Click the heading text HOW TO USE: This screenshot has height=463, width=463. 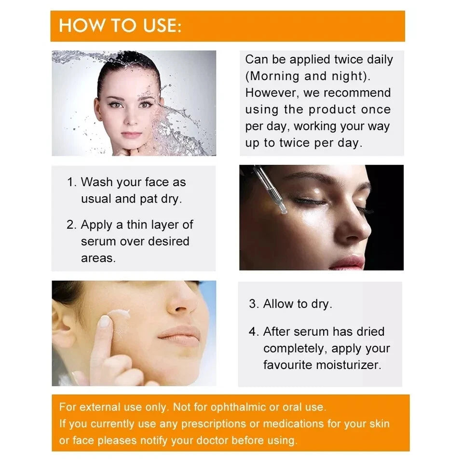pyautogui.click(x=120, y=26)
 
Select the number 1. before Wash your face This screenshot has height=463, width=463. pyautogui.click(x=71, y=182)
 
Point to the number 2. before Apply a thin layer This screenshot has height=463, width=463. pyautogui.click(x=71, y=225)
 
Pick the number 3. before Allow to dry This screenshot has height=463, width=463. pyautogui.click(x=254, y=304)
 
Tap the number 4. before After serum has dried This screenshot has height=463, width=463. pyautogui.click(x=254, y=332)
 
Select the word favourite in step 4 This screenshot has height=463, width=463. pyautogui.click(x=287, y=365)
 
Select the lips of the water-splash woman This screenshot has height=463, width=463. pyautogui.click(x=131, y=135)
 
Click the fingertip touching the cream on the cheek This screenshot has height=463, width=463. pyautogui.click(x=104, y=322)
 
